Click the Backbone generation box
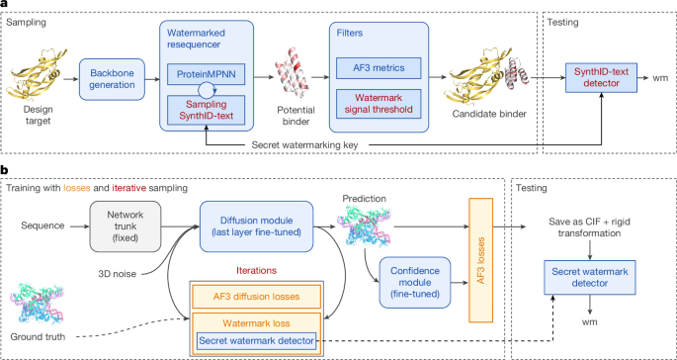tap(112, 79)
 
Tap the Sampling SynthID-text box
tap(206, 110)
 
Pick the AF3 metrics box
tap(379, 67)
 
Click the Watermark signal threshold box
tap(379, 104)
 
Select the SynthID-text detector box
tap(602, 77)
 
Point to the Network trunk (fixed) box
tap(126, 226)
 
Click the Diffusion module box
tap(256, 226)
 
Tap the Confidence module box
tap(414, 283)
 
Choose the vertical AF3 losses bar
tap(480, 260)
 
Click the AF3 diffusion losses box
tap(256, 297)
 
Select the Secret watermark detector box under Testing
tap(589, 278)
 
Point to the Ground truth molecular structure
tap(38, 305)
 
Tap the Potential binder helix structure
tap(292, 79)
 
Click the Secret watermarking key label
tap(304, 145)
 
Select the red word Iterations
tap(256, 270)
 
